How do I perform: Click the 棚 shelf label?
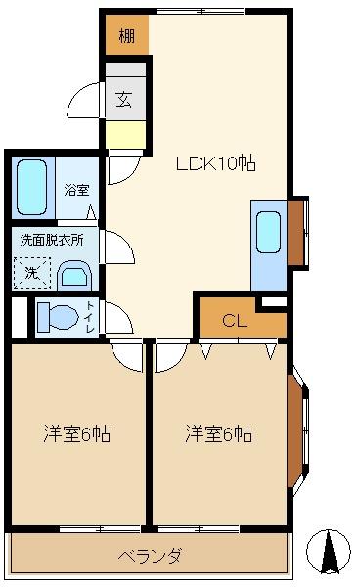pos(127,36)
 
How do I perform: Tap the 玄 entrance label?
pos(124,99)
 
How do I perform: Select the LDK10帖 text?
pos(216,163)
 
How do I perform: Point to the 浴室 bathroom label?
pos(76,190)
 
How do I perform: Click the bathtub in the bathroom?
pos(32,187)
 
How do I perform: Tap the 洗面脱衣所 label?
pos(52,240)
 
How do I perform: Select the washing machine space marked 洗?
pos(32,273)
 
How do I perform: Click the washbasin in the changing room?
pos(74,275)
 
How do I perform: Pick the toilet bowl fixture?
pos(58,317)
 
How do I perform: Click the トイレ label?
pos(91,317)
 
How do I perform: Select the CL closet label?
pos(234,321)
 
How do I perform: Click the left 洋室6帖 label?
pos(76,433)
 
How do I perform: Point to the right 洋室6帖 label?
pos(219,433)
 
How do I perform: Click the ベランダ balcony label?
pos(151,555)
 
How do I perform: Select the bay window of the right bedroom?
pos(298,430)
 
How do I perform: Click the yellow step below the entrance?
pos(125,135)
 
